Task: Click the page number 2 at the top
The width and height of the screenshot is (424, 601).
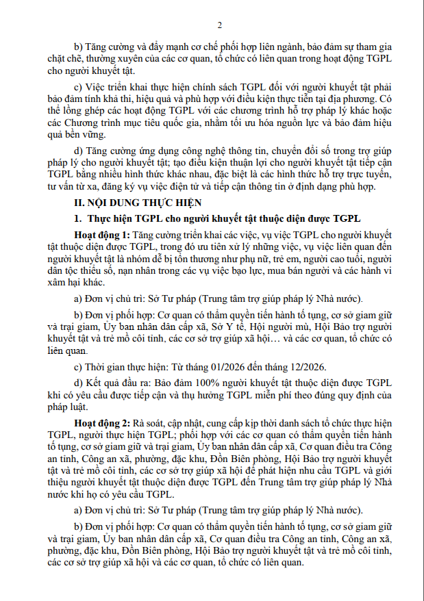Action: tap(220, 25)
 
